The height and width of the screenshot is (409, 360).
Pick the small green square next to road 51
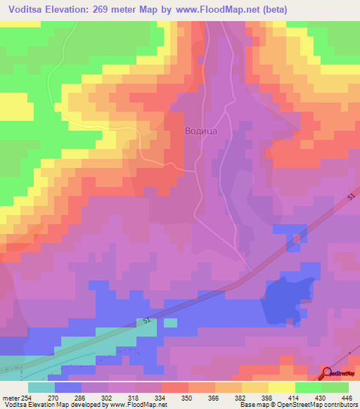[170, 323]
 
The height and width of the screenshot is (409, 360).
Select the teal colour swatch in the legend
[41, 387]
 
